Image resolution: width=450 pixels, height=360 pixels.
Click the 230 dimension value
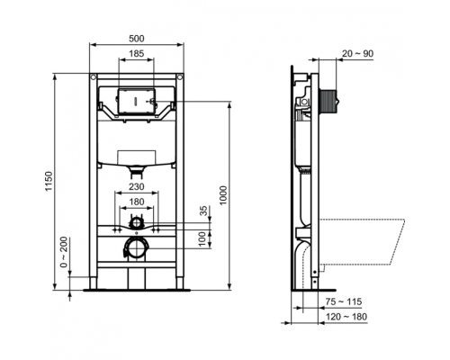coord(135,187)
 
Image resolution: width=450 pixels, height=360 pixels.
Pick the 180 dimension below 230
coord(135,202)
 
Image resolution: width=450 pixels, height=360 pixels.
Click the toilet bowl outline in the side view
coord(360,238)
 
